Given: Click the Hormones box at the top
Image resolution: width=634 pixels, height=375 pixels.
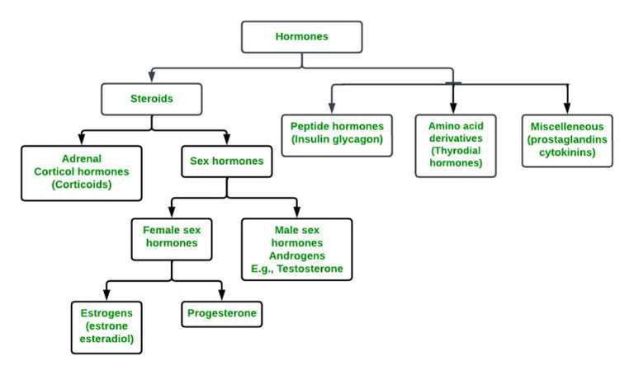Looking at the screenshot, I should click(301, 37).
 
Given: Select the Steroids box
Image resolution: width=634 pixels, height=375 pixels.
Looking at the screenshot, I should click(151, 100).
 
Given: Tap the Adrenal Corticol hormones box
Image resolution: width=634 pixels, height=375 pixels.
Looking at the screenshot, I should click(82, 173).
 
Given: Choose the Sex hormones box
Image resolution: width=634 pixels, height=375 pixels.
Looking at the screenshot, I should click(227, 162).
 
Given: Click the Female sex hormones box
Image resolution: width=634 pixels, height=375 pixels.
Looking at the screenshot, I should click(172, 237).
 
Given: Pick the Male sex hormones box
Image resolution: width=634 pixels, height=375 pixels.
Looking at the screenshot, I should click(296, 249).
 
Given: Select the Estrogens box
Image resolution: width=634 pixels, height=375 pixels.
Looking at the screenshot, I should click(106, 326).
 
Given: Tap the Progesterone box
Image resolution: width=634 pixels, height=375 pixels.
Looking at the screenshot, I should click(222, 313).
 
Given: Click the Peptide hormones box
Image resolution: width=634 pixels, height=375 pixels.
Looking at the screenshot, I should click(337, 134).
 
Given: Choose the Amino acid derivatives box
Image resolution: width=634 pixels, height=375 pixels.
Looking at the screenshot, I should click(455, 145).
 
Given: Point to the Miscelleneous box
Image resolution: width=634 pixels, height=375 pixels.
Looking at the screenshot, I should click(567, 140).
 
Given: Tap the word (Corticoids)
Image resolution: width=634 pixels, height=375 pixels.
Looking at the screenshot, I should click(81, 185).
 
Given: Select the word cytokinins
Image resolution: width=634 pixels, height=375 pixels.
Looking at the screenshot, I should click(567, 152).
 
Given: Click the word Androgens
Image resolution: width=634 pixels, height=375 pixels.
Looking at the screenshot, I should click(296, 256).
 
